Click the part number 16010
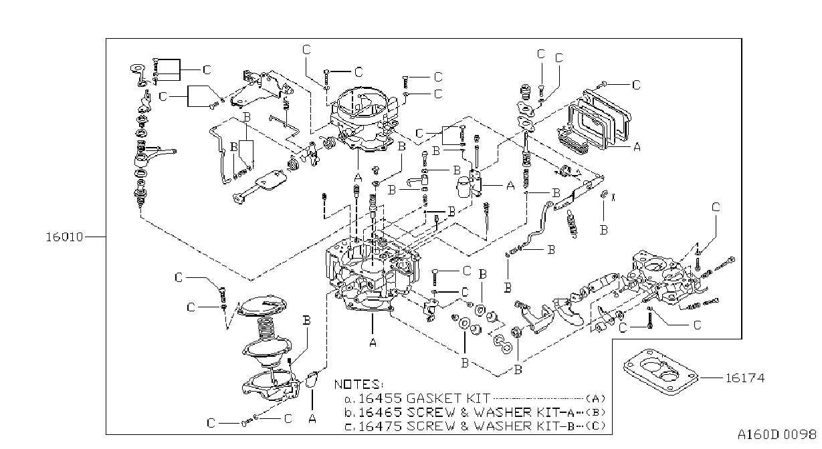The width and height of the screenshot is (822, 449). pos(64,237)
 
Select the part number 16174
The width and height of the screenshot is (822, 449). pos(745,378)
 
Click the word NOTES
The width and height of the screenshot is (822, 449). pos(358,384)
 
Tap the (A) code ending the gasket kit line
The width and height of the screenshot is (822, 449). pos(595,398)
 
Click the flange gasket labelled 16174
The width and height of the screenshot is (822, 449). pos(660,372)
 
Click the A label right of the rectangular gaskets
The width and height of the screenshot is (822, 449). pos(637,147)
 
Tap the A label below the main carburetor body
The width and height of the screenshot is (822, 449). pos(373,342)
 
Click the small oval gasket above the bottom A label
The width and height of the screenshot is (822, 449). pos(312,379)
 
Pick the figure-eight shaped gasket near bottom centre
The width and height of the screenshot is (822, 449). pos(503,345)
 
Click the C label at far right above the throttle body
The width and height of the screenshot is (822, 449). pos(716,207)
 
